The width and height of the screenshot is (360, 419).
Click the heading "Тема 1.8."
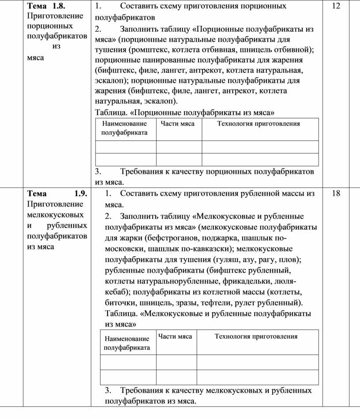click(x=46, y=6)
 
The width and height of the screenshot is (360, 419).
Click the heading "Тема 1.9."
click(x=57, y=193)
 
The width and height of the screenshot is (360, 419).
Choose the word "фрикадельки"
click(x=250, y=281)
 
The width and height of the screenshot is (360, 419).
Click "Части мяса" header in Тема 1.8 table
click(x=177, y=124)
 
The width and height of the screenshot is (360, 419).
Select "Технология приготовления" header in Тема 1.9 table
click(x=256, y=337)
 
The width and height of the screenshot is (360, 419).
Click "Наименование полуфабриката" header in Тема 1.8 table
click(x=124, y=128)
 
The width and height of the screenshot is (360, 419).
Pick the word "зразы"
click(x=187, y=303)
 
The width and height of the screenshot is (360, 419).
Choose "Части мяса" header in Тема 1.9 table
click(x=175, y=337)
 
